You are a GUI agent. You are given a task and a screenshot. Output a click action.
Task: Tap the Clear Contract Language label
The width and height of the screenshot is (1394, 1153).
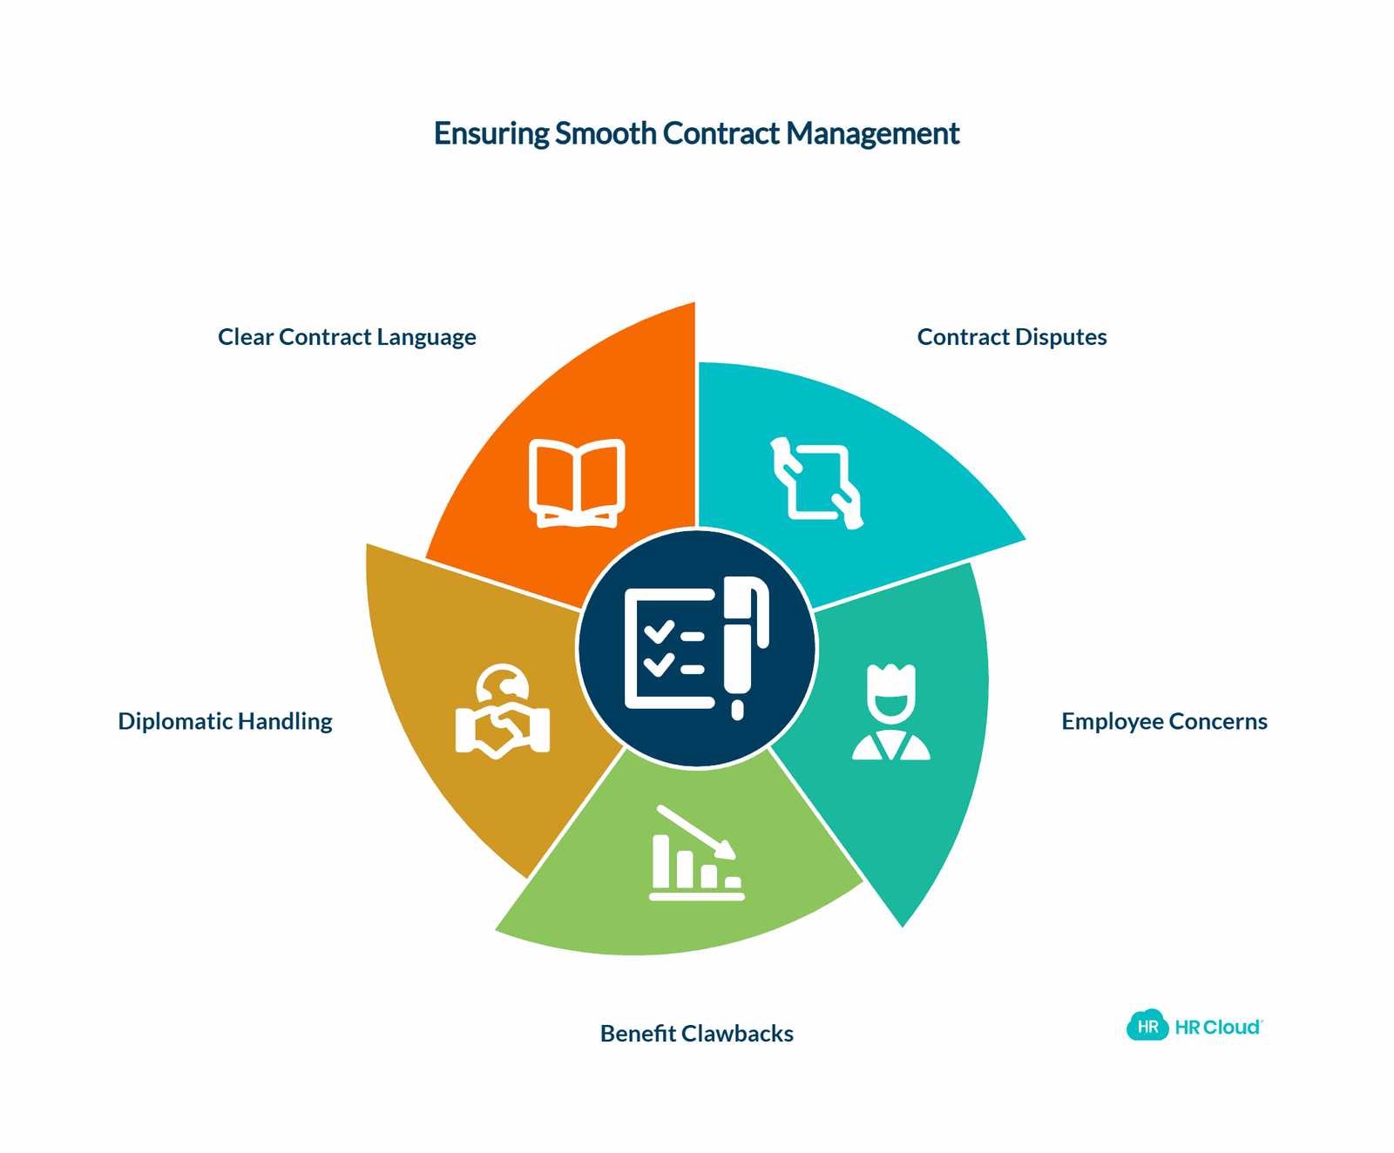pos(347,337)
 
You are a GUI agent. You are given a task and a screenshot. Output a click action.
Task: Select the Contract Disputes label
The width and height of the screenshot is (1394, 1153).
pos(1012,337)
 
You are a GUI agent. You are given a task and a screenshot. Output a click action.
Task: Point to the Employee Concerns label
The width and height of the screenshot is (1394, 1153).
pos(1164,721)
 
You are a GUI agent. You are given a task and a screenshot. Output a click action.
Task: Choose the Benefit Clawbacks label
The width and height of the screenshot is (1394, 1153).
pos(697,1033)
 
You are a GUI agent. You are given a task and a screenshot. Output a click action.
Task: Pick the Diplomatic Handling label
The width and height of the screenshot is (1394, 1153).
pos(225,721)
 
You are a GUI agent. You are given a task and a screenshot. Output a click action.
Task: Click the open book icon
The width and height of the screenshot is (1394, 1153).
pos(577,483)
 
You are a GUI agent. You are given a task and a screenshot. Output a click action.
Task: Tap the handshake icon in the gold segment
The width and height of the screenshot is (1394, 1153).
pos(503,711)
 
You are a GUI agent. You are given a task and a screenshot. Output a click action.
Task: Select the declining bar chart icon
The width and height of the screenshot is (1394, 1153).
pos(696,853)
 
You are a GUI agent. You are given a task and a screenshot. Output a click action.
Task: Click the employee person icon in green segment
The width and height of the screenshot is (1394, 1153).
pos(891,712)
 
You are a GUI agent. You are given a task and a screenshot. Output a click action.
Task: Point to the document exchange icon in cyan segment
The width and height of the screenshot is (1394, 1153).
pos(817,483)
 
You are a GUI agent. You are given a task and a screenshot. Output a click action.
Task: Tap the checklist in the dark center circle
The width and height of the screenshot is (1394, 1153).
pos(670,649)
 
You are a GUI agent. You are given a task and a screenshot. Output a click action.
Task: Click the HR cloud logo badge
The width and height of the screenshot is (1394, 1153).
pos(1147,1026)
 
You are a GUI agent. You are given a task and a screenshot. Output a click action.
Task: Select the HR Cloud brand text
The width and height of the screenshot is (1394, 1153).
pos(1218,1028)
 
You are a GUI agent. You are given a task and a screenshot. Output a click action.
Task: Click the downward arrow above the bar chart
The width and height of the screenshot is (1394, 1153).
pos(696,832)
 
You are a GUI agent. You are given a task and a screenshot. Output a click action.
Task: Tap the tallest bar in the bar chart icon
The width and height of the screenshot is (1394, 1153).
pos(661,861)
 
